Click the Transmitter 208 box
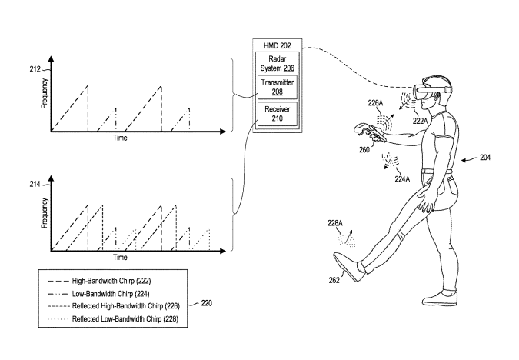pyautogui.click(x=278, y=87)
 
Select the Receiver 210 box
pyautogui.click(x=278, y=114)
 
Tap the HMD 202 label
pyautogui.click(x=278, y=45)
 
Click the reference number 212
pyautogui.click(x=35, y=69)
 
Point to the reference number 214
pyautogui.click(x=35, y=184)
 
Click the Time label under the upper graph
pyautogui.click(x=120, y=138)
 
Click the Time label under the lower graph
pyautogui.click(x=120, y=258)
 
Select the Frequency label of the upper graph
pyautogui.click(x=45, y=94)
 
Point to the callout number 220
pyautogui.click(x=207, y=303)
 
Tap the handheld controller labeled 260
pyautogui.click(x=369, y=132)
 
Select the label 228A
pyautogui.click(x=335, y=223)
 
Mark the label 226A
pyautogui.click(x=375, y=103)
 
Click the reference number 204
pyautogui.click(x=485, y=158)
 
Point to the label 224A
pyautogui.click(x=402, y=179)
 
